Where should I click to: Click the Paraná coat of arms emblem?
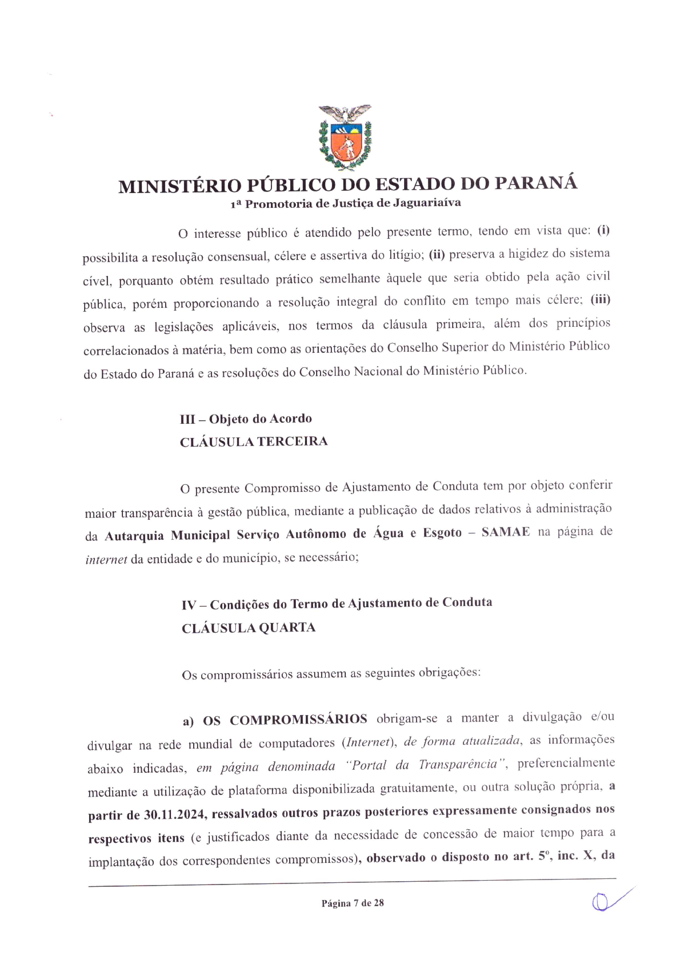click(x=345, y=138)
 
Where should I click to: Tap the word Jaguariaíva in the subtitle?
click(x=427, y=203)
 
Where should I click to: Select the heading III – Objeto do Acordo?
click(x=246, y=419)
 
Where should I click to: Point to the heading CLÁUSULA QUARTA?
click(x=248, y=628)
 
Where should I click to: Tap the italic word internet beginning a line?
click(x=106, y=560)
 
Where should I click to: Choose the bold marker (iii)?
click(x=600, y=300)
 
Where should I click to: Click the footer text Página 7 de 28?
click(x=352, y=903)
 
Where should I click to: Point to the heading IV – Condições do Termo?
click(x=337, y=604)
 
